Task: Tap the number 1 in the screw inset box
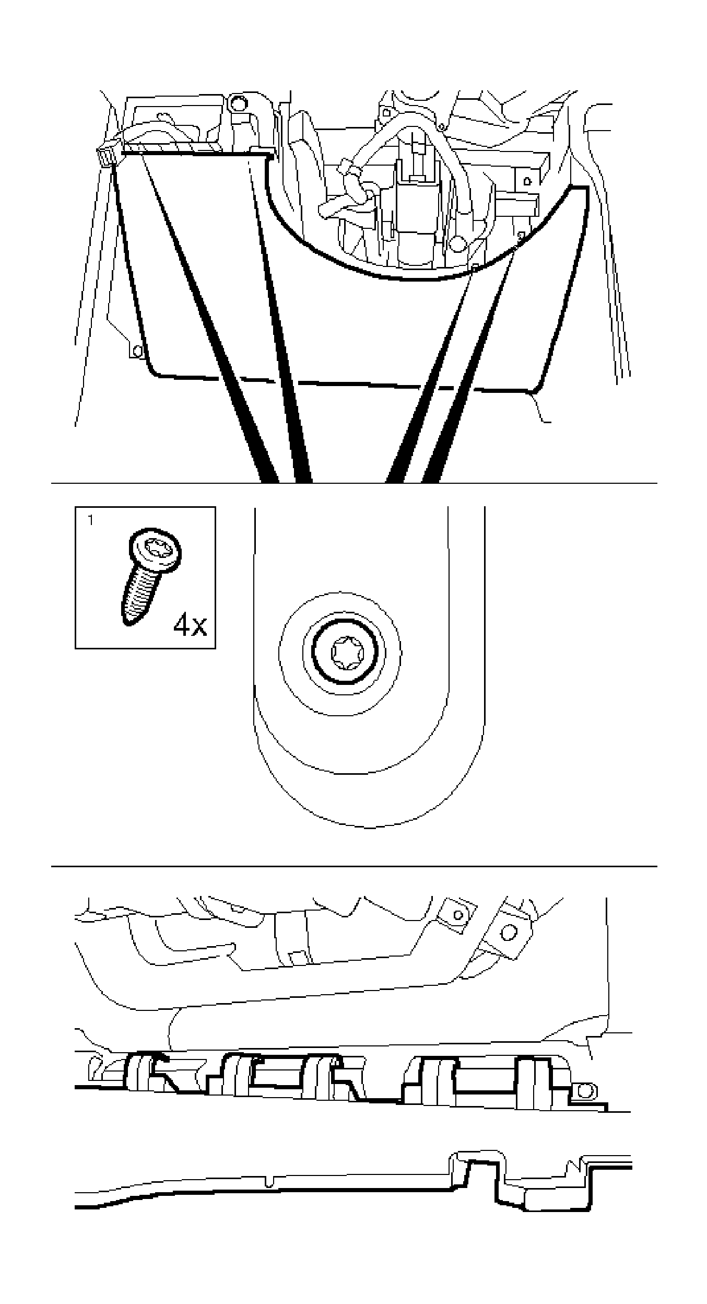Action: click(x=91, y=520)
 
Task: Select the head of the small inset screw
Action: click(x=156, y=549)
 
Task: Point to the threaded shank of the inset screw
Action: click(x=137, y=596)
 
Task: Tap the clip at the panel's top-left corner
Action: click(x=106, y=156)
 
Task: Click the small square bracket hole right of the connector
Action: click(x=526, y=181)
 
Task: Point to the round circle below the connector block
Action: click(x=457, y=243)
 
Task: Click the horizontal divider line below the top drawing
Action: click(x=353, y=483)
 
